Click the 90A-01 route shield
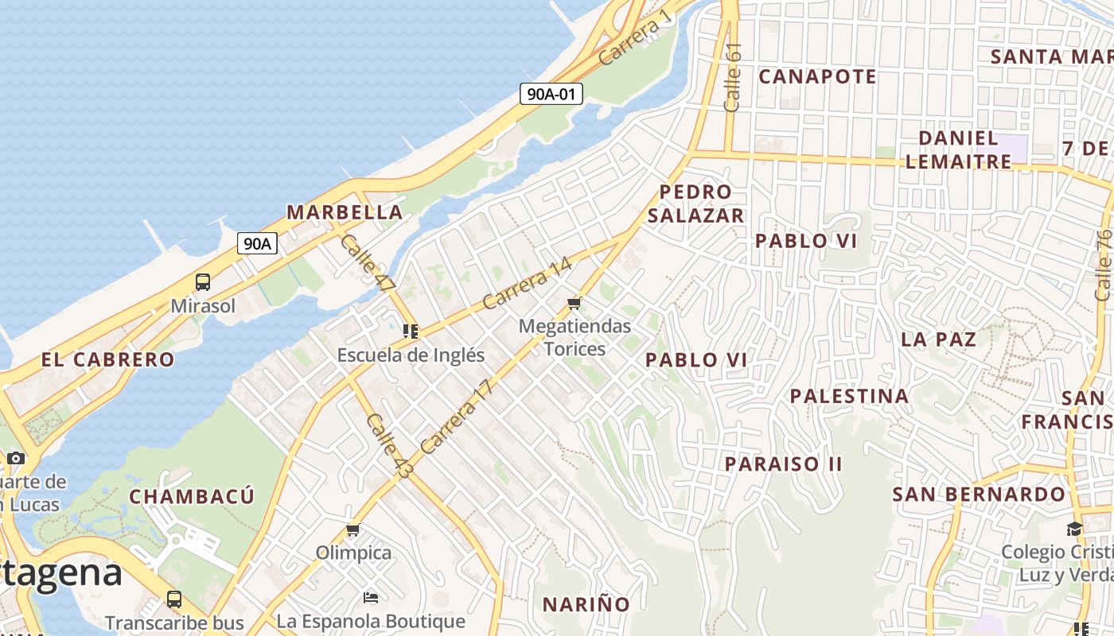[551, 94]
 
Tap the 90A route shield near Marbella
[257, 243]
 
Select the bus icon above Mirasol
[203, 281]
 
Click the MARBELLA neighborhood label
[345, 212]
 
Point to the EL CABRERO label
[108, 359]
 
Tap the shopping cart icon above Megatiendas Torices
[575, 303]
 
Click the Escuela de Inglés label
[411, 355]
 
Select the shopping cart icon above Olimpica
[353, 529]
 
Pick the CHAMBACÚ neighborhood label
[192, 497]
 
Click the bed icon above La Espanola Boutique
[371, 597]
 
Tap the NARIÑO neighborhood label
[586, 604]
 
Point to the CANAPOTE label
[817, 76]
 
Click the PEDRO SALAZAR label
[695, 204]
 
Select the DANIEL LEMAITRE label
[958, 149]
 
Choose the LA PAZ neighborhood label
[938, 339]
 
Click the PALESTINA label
[849, 396]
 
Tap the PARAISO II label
[783, 463]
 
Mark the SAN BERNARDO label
[978, 494]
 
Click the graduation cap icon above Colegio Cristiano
[1074, 529]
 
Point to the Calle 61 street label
[733, 77]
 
